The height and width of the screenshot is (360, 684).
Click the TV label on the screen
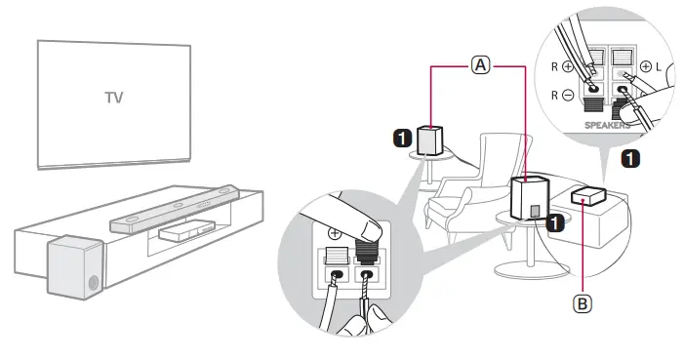tap(115, 99)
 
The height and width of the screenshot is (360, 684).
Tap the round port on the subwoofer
tap(93, 284)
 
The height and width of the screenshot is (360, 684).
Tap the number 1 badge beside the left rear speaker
tap(401, 139)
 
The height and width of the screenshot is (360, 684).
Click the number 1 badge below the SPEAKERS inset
tap(631, 155)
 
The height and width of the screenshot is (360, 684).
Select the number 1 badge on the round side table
tap(555, 223)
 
